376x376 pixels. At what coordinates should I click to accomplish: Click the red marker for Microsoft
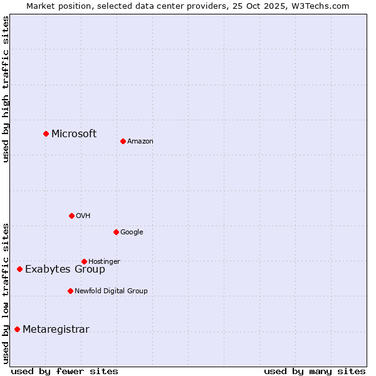(46, 133)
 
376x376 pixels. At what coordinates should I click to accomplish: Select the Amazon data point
(123, 141)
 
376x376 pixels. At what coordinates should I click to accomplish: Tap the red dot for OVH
(71, 216)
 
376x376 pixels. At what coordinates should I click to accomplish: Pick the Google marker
(116, 232)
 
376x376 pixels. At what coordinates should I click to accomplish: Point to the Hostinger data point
(84, 261)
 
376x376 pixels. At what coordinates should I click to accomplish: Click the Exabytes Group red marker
(19, 269)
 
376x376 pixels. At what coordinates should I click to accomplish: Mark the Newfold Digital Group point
(70, 291)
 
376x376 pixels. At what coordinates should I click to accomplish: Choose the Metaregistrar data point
(17, 329)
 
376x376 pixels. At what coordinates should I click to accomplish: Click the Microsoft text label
(74, 133)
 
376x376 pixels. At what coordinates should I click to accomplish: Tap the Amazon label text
(140, 142)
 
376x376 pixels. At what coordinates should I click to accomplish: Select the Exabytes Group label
(65, 269)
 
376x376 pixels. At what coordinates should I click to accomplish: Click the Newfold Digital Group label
(111, 291)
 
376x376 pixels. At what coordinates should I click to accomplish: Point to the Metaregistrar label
(56, 330)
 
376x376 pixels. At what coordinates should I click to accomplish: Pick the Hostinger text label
(104, 261)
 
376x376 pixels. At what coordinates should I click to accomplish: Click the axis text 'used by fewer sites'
(65, 371)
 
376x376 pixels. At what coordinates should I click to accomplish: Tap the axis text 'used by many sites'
(315, 371)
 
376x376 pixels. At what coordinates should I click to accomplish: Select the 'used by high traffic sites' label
(6, 89)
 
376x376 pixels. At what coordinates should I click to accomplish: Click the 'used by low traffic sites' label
(6, 293)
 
